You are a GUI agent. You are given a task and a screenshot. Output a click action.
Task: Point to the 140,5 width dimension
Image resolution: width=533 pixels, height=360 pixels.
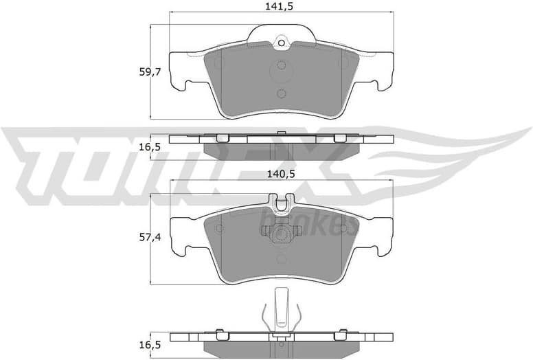282,175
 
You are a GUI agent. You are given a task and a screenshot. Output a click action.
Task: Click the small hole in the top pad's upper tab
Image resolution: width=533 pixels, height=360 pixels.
281,44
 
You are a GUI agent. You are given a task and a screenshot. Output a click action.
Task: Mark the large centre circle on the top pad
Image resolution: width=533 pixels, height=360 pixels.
281,68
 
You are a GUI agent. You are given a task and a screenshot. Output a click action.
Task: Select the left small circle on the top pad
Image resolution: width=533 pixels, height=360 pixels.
219,63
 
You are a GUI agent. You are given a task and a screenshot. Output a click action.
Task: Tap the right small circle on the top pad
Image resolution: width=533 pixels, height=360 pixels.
343,63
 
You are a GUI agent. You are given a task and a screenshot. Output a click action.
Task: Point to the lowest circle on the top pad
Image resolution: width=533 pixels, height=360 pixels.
281,93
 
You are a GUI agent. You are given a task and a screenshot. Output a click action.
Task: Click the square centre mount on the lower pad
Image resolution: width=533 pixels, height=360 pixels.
281,235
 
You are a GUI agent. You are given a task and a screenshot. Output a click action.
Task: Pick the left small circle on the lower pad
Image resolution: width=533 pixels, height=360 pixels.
219,228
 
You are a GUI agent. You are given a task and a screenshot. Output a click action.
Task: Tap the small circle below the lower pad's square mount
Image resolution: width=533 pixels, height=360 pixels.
281,259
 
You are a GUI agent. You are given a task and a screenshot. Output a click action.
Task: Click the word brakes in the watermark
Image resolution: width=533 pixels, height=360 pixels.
308,221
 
